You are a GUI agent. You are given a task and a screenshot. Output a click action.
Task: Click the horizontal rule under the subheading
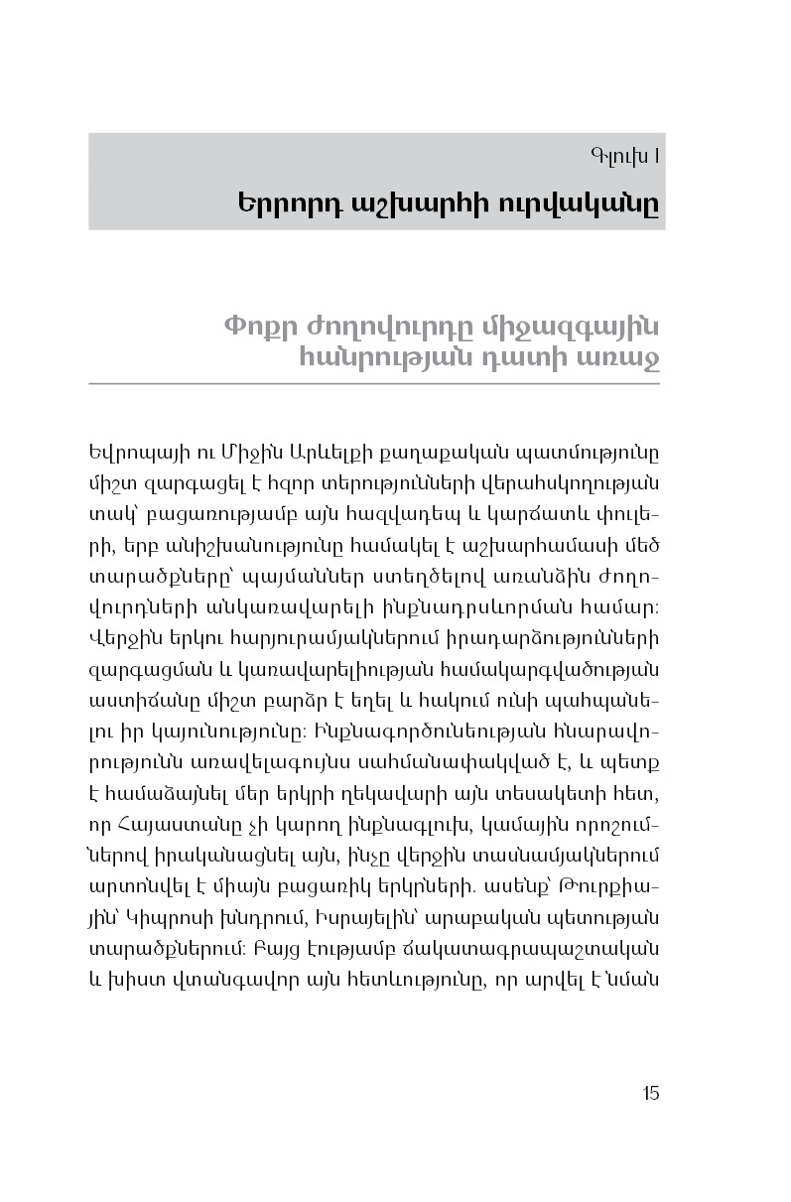(x=376, y=383)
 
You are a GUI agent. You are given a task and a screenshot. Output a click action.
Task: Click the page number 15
(x=650, y=1094)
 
